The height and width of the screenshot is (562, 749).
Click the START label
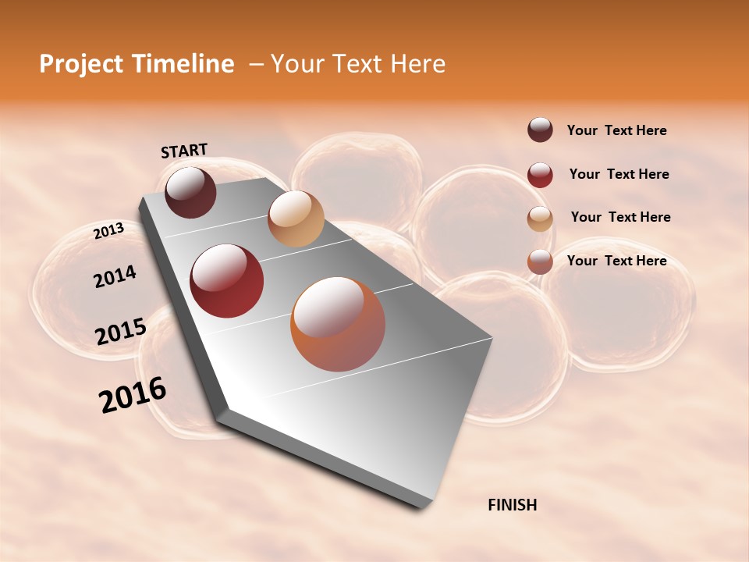coord(184,151)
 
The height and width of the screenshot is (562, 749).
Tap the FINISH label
coord(512,505)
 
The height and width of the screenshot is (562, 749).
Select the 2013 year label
coord(108,231)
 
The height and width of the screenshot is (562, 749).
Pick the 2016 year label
coord(133,395)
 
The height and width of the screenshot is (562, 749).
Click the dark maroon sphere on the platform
coord(190,192)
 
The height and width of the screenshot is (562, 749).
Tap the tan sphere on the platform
coord(296,219)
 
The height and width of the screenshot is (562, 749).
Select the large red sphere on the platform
coord(227,281)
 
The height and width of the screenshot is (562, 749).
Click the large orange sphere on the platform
coord(338,324)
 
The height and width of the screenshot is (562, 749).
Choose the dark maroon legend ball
coord(540,130)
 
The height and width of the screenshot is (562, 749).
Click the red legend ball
coord(540,175)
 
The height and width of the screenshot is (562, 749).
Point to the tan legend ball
coord(540,219)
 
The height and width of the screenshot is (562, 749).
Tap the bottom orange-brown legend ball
coord(540,261)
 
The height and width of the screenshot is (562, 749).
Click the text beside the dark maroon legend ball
coord(616,130)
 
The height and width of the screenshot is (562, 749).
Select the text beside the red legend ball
coord(619,174)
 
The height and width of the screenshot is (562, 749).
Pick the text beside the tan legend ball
coord(620,217)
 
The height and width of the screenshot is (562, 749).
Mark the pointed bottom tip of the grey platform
coord(421,506)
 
